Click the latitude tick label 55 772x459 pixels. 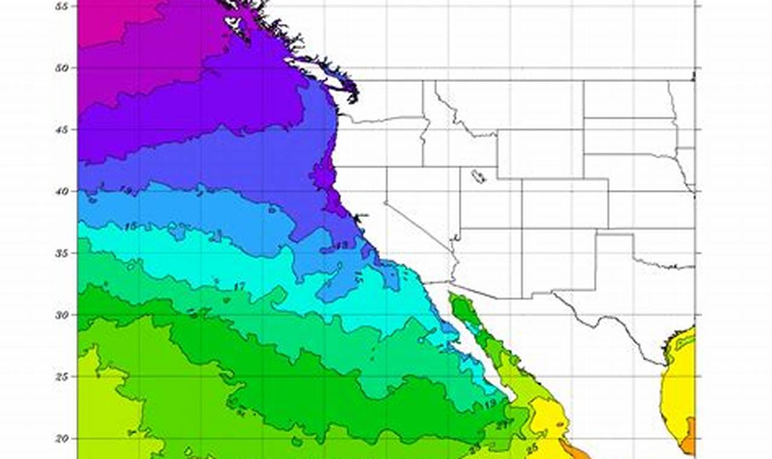[60, 5]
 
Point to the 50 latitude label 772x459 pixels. [60, 68]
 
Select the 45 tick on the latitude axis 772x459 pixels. [60, 129]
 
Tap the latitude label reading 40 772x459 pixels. [60, 191]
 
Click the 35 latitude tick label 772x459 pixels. [60, 253]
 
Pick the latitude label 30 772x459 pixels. [60, 315]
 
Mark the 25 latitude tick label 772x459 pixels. [60, 376]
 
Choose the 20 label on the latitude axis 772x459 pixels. [60, 438]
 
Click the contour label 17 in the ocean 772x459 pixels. [240, 286]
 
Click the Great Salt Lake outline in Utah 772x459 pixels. [478, 177]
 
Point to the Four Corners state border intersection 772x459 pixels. [522, 228]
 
